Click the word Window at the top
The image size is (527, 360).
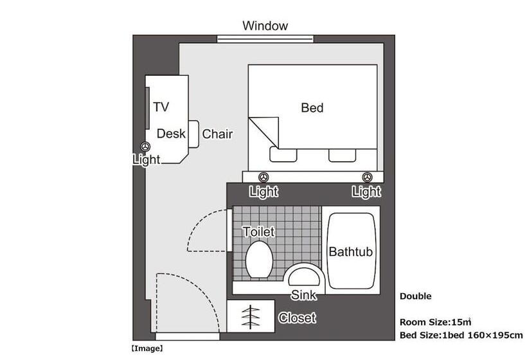click(265, 26)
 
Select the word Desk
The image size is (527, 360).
click(171, 134)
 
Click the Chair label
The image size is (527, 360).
click(217, 134)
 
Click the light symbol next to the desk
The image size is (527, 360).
click(145, 147)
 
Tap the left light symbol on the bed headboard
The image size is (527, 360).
click(263, 177)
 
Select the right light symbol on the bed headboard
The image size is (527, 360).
click(366, 177)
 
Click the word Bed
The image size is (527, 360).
click(312, 108)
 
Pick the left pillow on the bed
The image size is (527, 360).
click(283, 154)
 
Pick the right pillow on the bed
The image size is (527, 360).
click(342, 154)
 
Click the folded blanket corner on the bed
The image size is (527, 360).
click(263, 131)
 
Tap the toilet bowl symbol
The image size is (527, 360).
click(260, 259)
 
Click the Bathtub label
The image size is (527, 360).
click(351, 252)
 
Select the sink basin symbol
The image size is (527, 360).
click(303, 277)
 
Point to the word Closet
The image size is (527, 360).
click(296, 318)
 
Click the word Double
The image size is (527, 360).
click(415, 296)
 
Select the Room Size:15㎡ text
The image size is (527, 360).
click(435, 322)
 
